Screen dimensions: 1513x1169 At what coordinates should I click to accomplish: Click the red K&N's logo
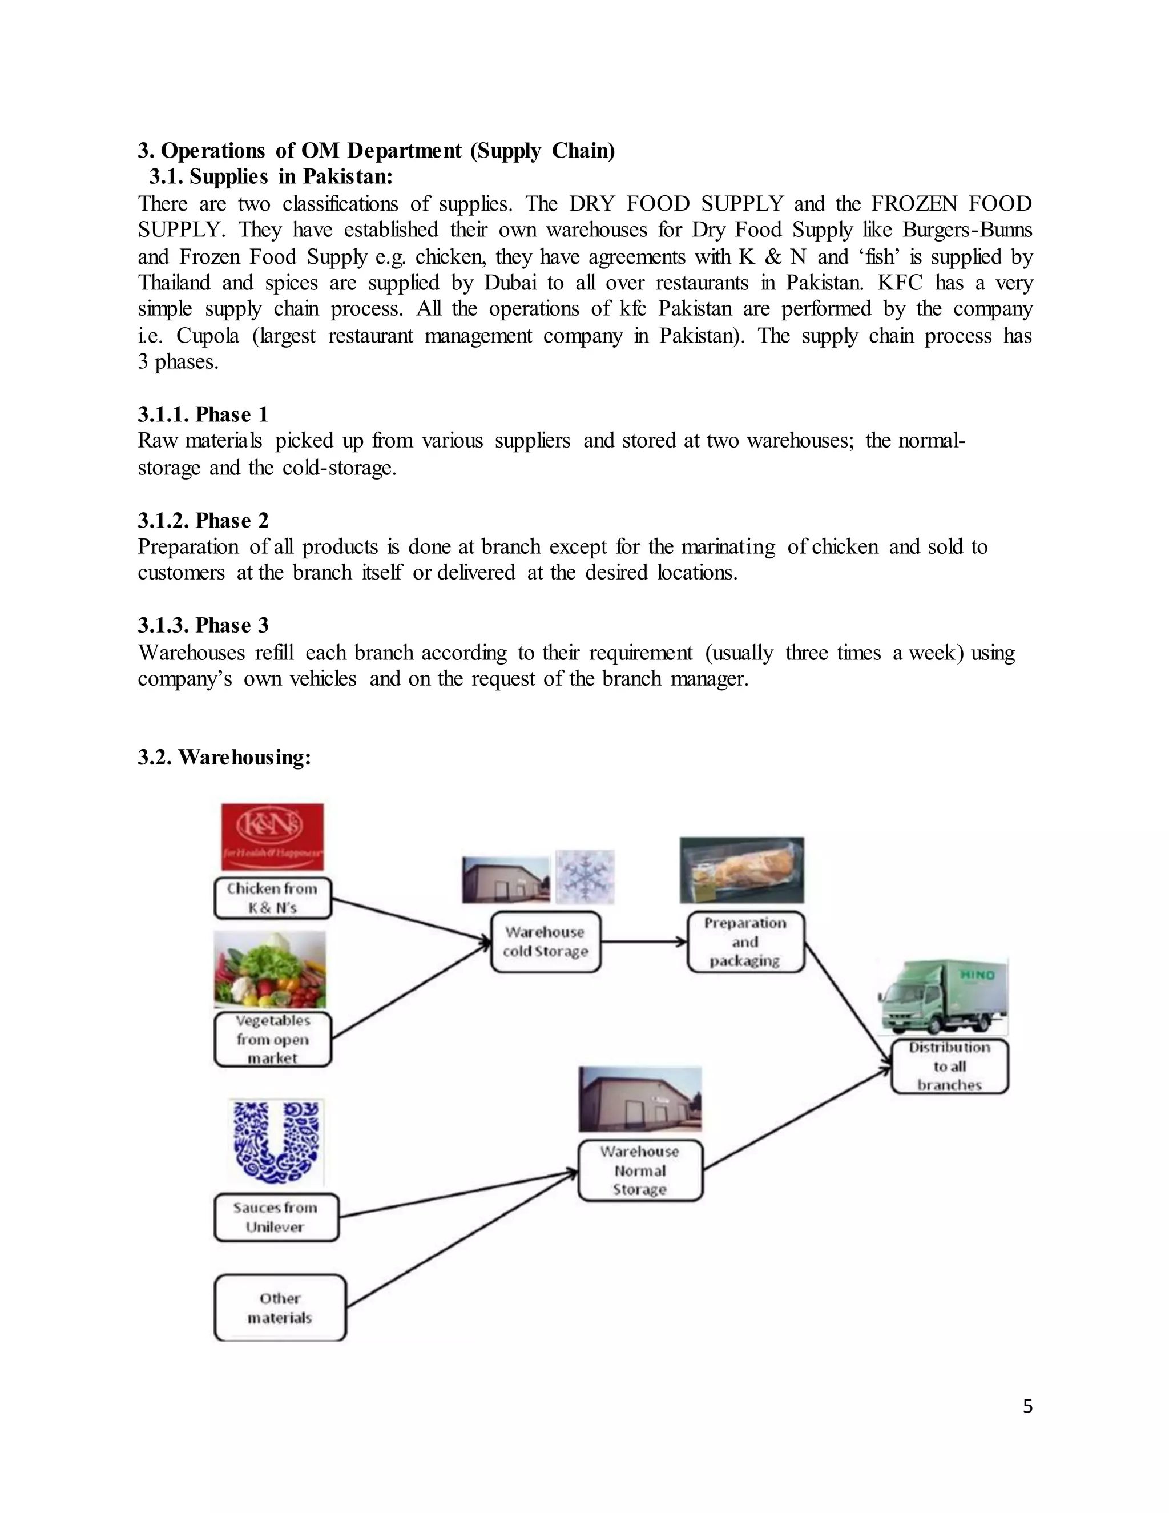[272, 836]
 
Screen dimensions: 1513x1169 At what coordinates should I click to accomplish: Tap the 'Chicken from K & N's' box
[273, 898]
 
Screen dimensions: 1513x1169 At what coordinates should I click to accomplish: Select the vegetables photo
[269, 969]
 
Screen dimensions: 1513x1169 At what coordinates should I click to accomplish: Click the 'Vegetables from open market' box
[273, 1039]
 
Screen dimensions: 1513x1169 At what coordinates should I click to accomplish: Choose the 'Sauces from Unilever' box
[276, 1217]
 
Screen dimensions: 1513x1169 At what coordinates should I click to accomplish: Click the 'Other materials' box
[280, 1308]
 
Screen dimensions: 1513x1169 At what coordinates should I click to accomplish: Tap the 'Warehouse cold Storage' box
[545, 941]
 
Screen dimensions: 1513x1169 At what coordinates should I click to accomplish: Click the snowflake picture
[585, 876]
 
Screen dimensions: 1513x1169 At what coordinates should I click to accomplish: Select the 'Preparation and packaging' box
[745, 941]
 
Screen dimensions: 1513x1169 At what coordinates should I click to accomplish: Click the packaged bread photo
[741, 870]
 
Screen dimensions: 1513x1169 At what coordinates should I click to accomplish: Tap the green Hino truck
[943, 997]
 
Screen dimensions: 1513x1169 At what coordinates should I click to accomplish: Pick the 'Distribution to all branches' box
[949, 1066]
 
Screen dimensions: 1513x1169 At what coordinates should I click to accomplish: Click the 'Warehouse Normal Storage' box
[640, 1170]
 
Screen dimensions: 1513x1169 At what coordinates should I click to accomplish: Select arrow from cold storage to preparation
[643, 941]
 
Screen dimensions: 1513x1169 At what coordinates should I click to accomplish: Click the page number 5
[1027, 1406]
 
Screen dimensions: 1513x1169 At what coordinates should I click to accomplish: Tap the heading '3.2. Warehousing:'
[224, 757]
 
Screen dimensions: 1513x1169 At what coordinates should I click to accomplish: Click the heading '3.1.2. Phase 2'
[203, 520]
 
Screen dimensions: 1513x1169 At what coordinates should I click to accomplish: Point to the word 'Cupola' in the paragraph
[208, 336]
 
